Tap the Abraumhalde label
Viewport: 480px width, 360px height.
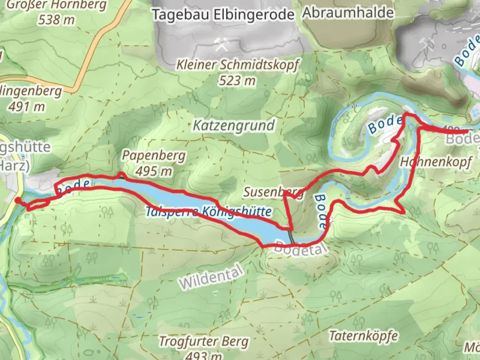[x=348, y=13]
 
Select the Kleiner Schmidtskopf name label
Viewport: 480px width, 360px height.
[x=238, y=65]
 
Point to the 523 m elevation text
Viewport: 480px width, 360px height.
[x=237, y=81]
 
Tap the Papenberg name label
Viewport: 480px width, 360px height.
[x=154, y=155]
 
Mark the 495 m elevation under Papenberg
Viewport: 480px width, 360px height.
[x=154, y=171]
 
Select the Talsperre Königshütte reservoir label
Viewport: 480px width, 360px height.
[x=209, y=212]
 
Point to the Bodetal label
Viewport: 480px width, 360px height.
[x=299, y=248]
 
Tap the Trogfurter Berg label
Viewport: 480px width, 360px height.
[x=204, y=342]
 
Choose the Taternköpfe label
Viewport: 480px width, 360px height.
[x=363, y=336]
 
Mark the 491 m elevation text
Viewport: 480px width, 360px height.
[x=27, y=107]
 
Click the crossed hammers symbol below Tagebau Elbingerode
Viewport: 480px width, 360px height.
[x=221, y=45]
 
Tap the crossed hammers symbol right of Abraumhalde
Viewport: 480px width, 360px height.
[x=427, y=43]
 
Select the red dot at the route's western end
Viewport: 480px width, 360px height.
[x=17, y=200]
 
